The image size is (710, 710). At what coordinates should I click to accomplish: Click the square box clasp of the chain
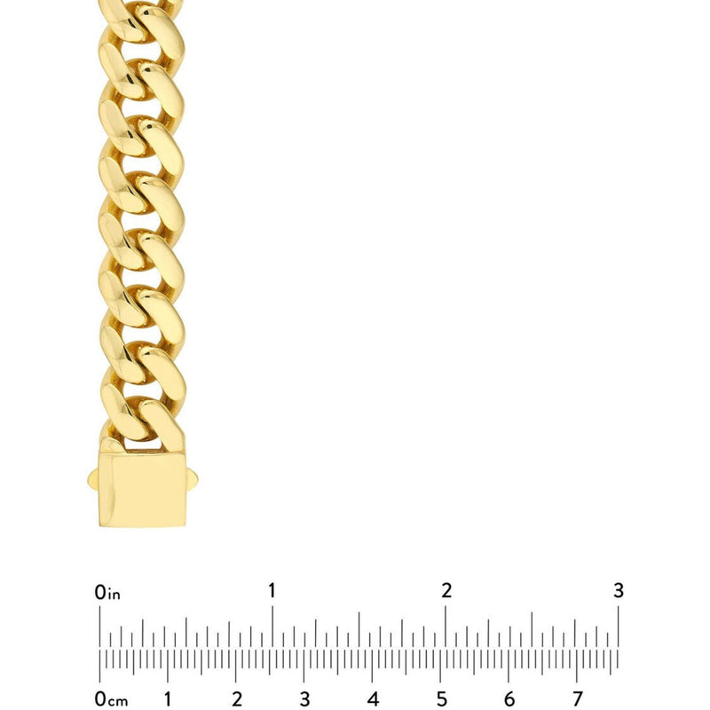pyautogui.click(x=142, y=489)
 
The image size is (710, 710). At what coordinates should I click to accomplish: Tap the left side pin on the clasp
pyautogui.click(x=93, y=479)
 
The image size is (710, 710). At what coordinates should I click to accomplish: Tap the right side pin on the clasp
pyautogui.click(x=192, y=479)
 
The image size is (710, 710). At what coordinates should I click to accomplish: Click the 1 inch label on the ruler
pyautogui.click(x=272, y=590)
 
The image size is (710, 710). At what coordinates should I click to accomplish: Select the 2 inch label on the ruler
pyautogui.click(x=446, y=590)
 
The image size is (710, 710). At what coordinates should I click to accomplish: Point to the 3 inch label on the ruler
pyautogui.click(x=619, y=590)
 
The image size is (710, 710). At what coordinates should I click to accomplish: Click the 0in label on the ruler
pyautogui.click(x=107, y=592)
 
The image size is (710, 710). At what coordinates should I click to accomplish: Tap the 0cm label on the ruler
pyautogui.click(x=111, y=699)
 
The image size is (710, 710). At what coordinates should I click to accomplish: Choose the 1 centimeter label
pyautogui.click(x=168, y=699)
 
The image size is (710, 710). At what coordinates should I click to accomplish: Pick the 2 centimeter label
pyautogui.click(x=236, y=699)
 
